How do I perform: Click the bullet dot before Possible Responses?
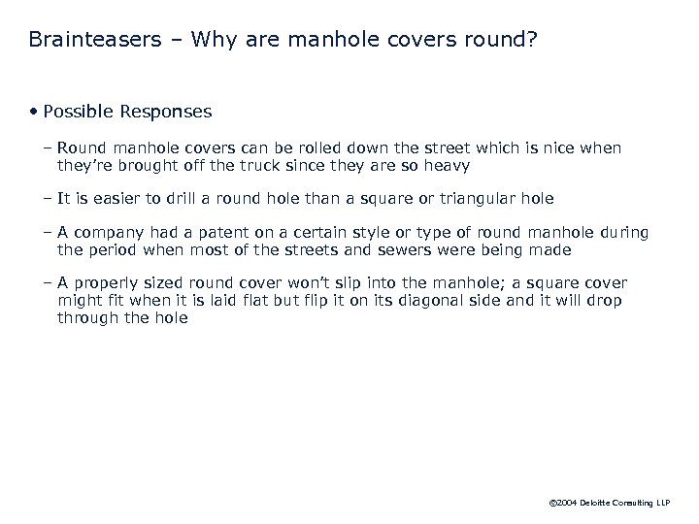coord(33,112)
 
